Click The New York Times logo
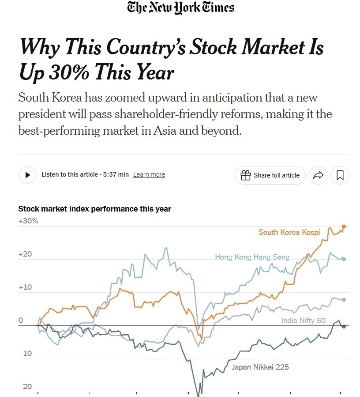[x=180, y=8]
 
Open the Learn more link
[x=149, y=174]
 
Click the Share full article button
[x=270, y=175]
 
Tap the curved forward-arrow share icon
[x=318, y=175]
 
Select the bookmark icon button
[x=340, y=175]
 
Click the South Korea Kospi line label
[x=289, y=232]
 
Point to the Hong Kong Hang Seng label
[x=252, y=257]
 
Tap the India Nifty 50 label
[x=303, y=321]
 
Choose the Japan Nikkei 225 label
[x=260, y=367]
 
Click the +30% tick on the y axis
[x=28, y=221]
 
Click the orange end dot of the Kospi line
[x=344, y=227]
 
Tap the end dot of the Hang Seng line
[x=344, y=259]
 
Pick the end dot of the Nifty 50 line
[x=344, y=300]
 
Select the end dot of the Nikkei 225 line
[x=344, y=326]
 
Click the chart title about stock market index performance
[x=95, y=209]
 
